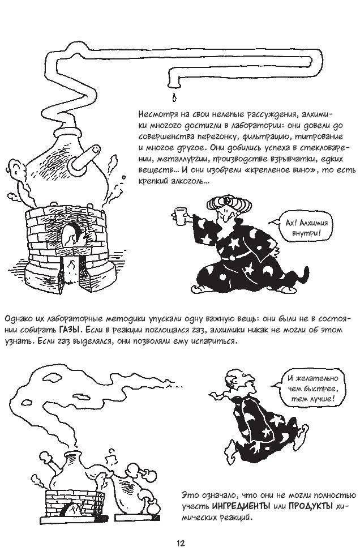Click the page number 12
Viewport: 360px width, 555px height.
pyautogui.click(x=180, y=543)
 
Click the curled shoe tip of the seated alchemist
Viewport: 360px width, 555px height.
pyautogui.click(x=196, y=288)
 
